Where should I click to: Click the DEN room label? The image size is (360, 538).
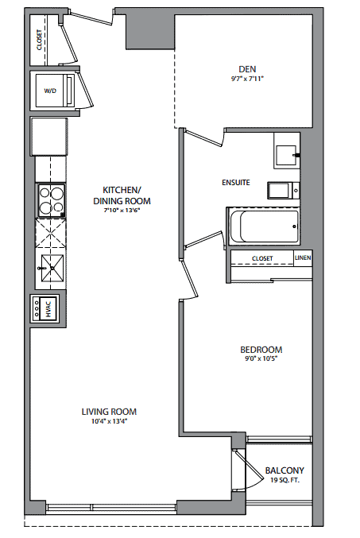(x=247, y=69)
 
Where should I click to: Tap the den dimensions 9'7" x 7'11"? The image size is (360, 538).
(x=247, y=79)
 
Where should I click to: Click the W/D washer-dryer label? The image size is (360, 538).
(x=50, y=91)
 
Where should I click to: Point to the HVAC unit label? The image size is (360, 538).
(x=48, y=309)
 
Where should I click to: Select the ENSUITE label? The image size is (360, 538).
(x=236, y=183)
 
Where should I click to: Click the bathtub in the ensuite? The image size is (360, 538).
(x=265, y=226)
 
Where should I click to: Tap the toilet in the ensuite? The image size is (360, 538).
(x=284, y=191)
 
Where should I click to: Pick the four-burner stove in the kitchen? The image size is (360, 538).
(x=51, y=201)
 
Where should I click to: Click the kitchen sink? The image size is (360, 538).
(x=52, y=268)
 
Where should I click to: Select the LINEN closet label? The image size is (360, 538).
(x=303, y=257)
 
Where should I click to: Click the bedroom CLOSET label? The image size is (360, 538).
(x=262, y=258)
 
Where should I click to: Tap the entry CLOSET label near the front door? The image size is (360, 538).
(x=39, y=40)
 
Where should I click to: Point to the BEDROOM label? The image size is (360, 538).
(x=261, y=350)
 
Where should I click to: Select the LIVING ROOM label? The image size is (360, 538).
(x=109, y=412)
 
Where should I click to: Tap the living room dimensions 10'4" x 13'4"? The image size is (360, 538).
(x=109, y=421)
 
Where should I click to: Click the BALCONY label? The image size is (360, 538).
(x=285, y=470)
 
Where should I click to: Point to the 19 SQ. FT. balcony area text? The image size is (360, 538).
(x=285, y=480)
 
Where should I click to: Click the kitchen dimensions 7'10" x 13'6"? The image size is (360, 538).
(x=122, y=211)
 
